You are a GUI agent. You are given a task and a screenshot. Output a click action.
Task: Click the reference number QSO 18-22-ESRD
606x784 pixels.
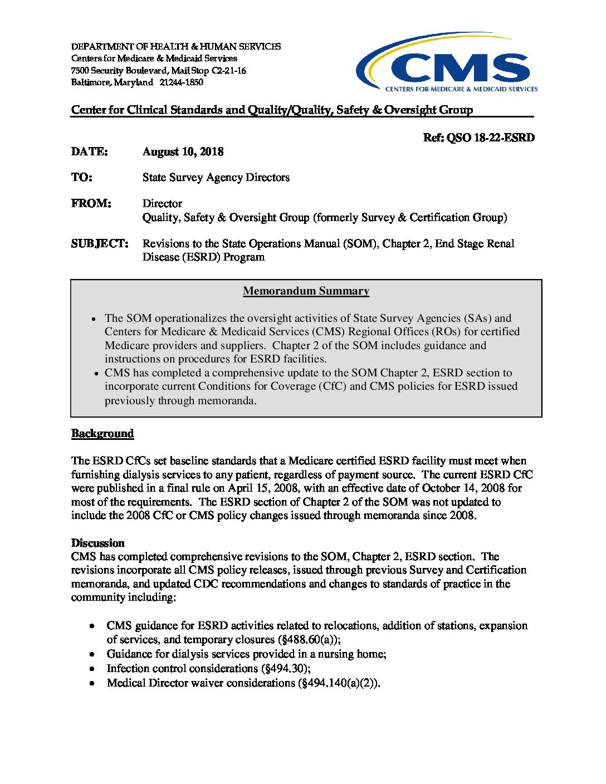pyautogui.click(x=490, y=138)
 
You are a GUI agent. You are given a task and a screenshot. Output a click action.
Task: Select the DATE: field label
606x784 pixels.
pyautogui.click(x=89, y=151)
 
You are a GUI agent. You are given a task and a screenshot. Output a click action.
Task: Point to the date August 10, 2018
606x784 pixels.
pyautogui.click(x=183, y=151)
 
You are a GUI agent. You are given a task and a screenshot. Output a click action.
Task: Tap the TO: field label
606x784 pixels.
pyautogui.click(x=81, y=177)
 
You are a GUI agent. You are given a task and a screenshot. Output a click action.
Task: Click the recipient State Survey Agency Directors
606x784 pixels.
pyautogui.click(x=216, y=177)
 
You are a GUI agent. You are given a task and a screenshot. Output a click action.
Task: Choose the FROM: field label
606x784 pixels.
pyautogui.click(x=91, y=203)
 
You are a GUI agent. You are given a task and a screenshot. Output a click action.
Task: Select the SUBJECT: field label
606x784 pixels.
pyautogui.click(x=99, y=243)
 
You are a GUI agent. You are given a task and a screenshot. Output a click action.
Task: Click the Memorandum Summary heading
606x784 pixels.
pyautogui.click(x=306, y=291)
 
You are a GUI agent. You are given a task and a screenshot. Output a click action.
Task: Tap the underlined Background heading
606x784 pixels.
pyautogui.click(x=102, y=433)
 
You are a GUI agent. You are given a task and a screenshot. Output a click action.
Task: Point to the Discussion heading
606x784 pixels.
pyautogui.click(x=97, y=543)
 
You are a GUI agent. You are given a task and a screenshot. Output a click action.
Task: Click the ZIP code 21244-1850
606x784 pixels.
pyautogui.click(x=181, y=82)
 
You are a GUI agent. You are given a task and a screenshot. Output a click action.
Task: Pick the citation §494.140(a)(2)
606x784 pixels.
pyautogui.click(x=339, y=683)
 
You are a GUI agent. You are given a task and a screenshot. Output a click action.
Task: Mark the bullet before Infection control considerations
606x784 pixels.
pyautogui.click(x=92, y=668)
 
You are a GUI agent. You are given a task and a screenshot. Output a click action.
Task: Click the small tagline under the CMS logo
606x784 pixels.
pyautogui.click(x=461, y=89)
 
